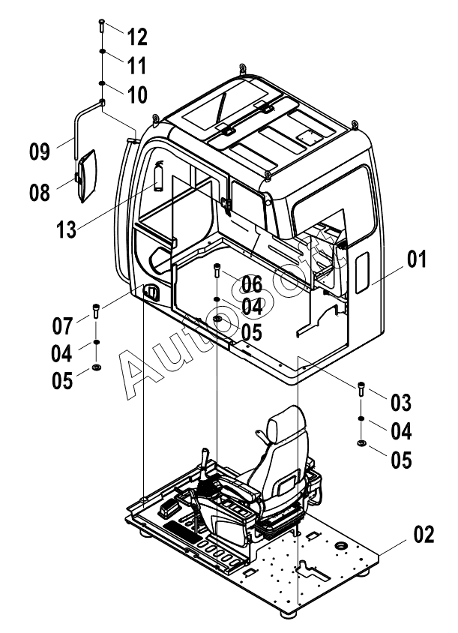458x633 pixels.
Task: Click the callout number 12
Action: pyautogui.click(x=137, y=37)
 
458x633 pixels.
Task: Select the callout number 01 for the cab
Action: pyautogui.click(x=417, y=259)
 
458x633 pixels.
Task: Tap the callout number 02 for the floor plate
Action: pyautogui.click(x=424, y=534)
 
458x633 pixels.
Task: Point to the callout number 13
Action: pyautogui.click(x=66, y=229)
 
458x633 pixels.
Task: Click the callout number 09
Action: pyautogui.click(x=40, y=151)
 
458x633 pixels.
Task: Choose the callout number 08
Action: pyautogui.click(x=40, y=192)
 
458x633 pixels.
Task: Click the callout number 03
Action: pyautogui.click(x=401, y=403)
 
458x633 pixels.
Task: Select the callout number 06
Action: pyautogui.click(x=252, y=284)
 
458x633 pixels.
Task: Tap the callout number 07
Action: pyautogui.click(x=62, y=325)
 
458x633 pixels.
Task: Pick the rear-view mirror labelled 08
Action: pyautogui.click(x=88, y=176)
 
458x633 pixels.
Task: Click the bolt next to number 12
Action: pyautogui.click(x=101, y=25)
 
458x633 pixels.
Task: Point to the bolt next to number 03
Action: pyautogui.click(x=361, y=388)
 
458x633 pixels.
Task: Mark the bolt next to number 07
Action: pyautogui.click(x=96, y=310)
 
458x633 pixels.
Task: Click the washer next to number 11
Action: pyautogui.click(x=103, y=51)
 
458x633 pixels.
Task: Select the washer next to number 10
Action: pyautogui.click(x=103, y=83)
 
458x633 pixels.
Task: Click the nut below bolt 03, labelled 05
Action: pyautogui.click(x=361, y=444)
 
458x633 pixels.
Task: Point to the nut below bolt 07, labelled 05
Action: pyautogui.click(x=97, y=367)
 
